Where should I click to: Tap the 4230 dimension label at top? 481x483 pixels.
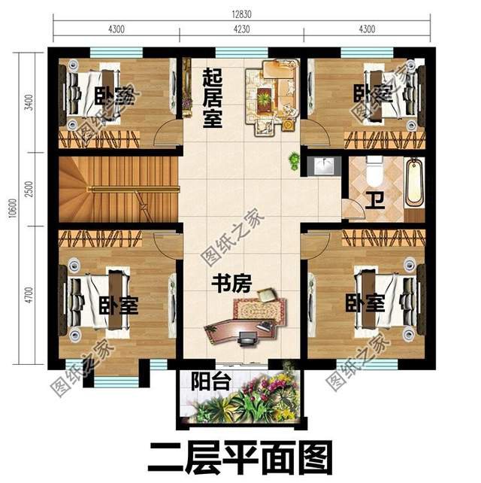(x=240, y=30)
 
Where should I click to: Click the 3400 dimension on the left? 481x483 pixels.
(x=27, y=102)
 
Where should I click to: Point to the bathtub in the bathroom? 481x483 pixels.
(x=415, y=182)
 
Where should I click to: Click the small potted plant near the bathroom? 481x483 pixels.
(x=293, y=160)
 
